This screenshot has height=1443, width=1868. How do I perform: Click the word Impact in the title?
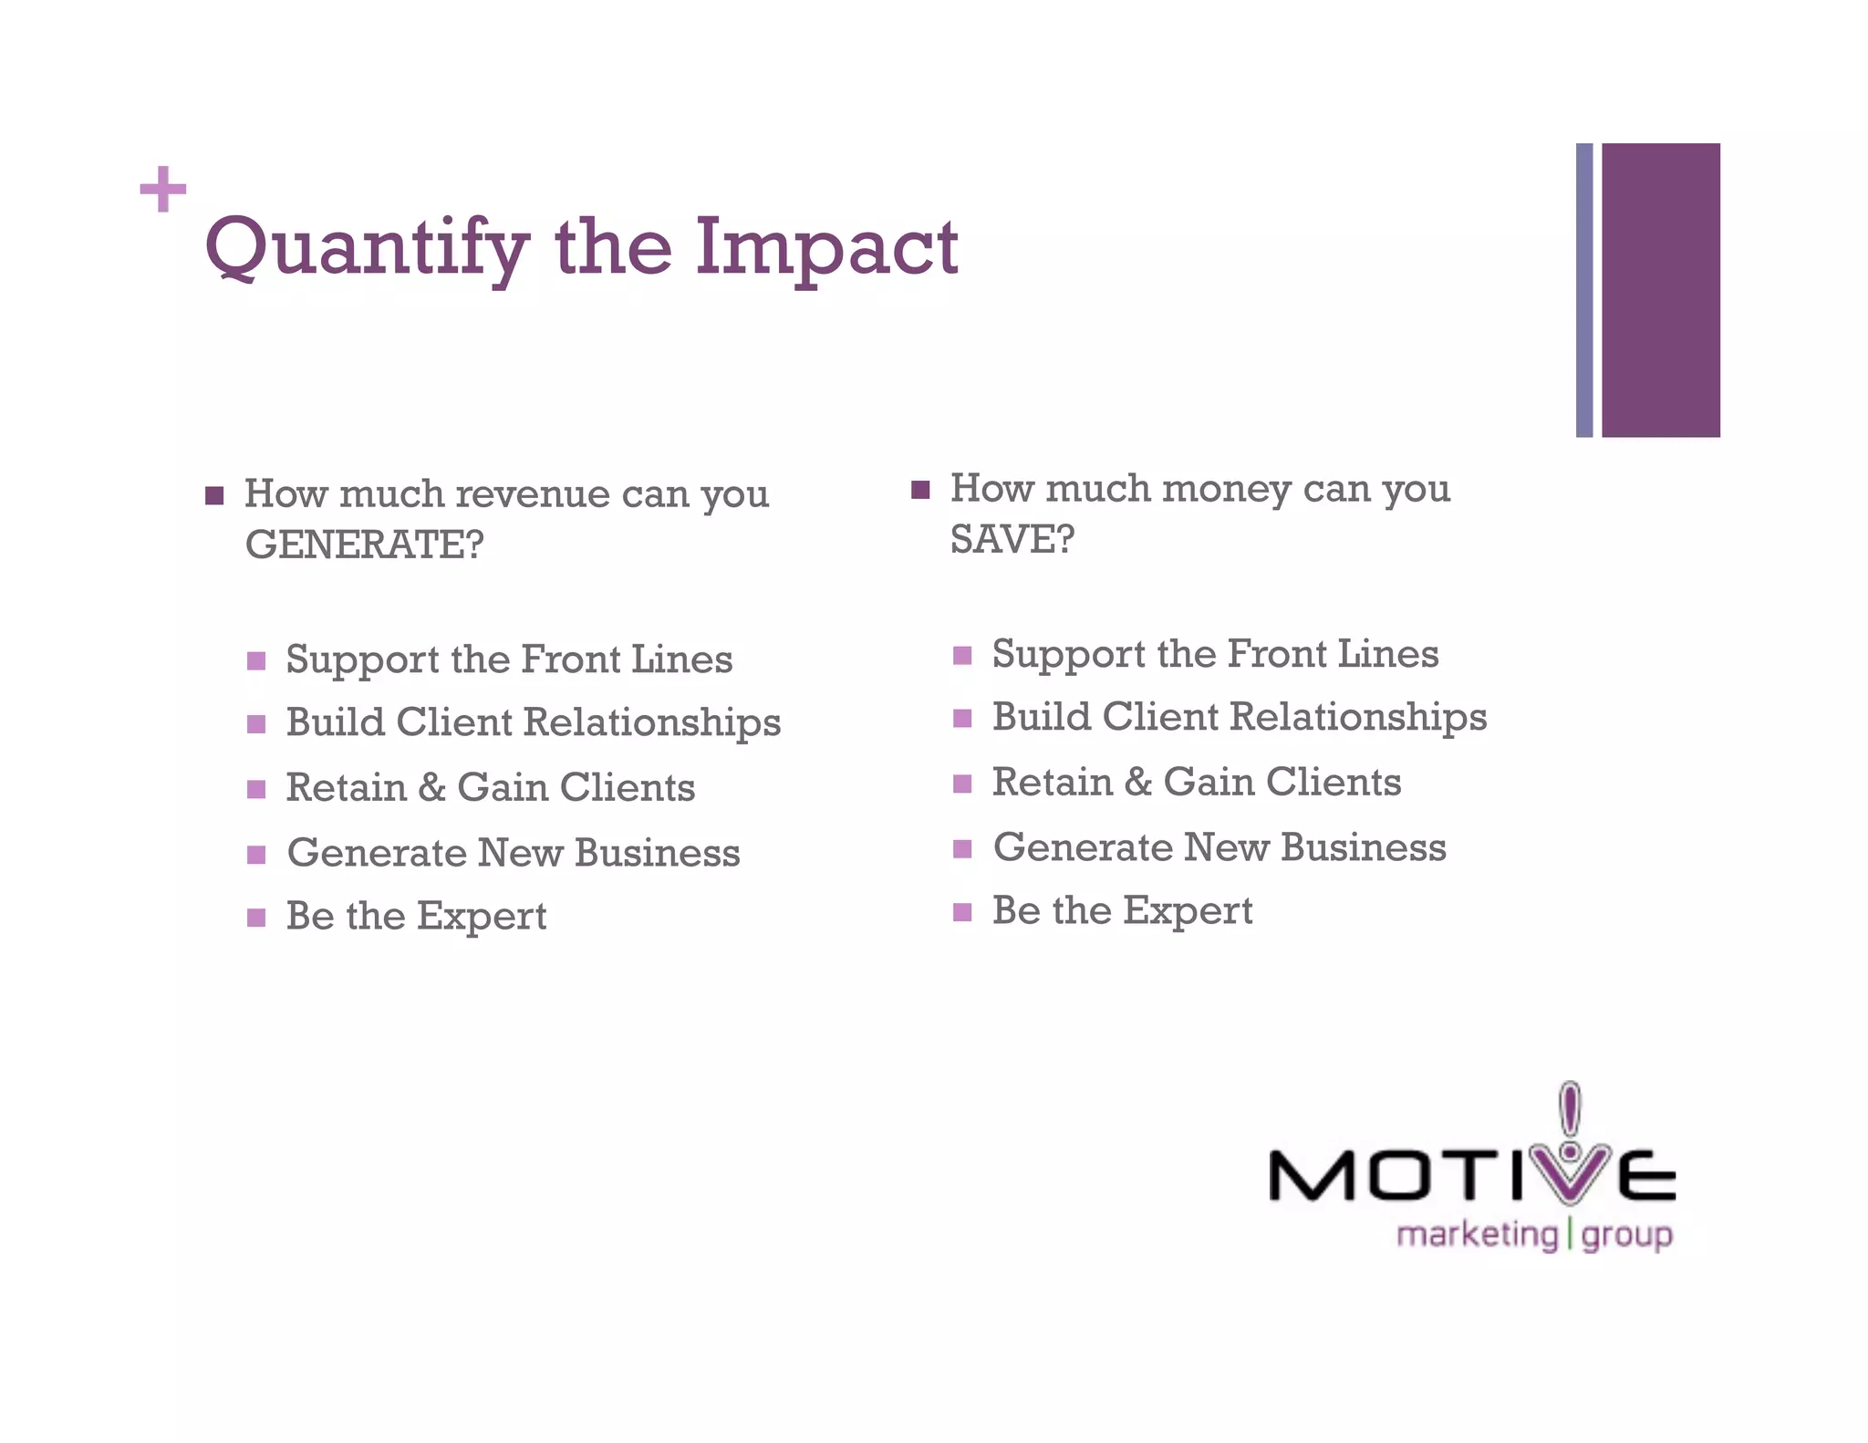(826, 248)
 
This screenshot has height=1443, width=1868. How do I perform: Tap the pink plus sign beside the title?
(163, 190)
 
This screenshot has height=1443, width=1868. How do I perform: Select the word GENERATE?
(364, 545)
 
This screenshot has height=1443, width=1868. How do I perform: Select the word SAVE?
(1012, 539)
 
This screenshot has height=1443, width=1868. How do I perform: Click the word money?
(1226, 488)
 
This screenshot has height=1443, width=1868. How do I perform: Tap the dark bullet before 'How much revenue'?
(214, 495)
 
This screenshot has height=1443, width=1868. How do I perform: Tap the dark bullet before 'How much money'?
(920, 490)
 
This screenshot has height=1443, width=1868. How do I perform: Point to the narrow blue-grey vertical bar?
(1584, 290)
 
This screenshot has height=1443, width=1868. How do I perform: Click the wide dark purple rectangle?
(1661, 290)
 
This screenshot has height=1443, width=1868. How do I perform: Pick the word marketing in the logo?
(1477, 1235)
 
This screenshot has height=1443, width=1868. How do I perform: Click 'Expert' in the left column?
(482, 917)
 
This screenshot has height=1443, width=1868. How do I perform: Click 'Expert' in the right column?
(1188, 911)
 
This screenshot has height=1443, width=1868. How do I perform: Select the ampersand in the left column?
(431, 788)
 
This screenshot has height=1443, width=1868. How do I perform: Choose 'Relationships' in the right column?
(1358, 718)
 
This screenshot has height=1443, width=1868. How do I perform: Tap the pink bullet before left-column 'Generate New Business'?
(256, 855)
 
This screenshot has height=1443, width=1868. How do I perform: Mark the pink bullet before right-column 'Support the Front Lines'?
(962, 656)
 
